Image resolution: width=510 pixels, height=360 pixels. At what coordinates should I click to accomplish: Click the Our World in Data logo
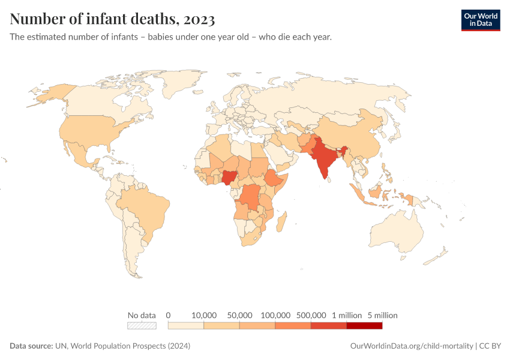(480, 20)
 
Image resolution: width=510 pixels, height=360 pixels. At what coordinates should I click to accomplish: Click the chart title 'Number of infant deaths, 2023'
(112, 19)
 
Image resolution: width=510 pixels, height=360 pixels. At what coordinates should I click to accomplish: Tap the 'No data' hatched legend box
(142, 326)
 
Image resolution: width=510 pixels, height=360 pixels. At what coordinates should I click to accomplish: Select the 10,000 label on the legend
(204, 315)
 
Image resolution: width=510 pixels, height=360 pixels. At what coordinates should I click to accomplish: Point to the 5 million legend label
(382, 315)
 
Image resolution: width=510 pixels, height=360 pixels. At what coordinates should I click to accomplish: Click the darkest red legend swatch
(364, 326)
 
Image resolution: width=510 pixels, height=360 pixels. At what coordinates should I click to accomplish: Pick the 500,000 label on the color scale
(311, 315)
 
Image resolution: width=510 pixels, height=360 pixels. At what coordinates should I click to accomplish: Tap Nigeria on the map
(229, 178)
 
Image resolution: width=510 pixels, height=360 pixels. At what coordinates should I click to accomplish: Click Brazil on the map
(144, 210)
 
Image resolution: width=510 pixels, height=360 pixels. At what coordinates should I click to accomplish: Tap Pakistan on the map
(305, 147)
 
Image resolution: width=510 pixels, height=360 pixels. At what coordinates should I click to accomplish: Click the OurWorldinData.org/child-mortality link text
(411, 346)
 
